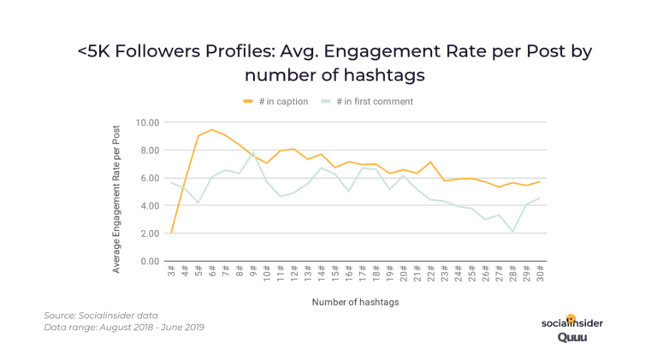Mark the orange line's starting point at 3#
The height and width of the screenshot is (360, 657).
click(x=173, y=233)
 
